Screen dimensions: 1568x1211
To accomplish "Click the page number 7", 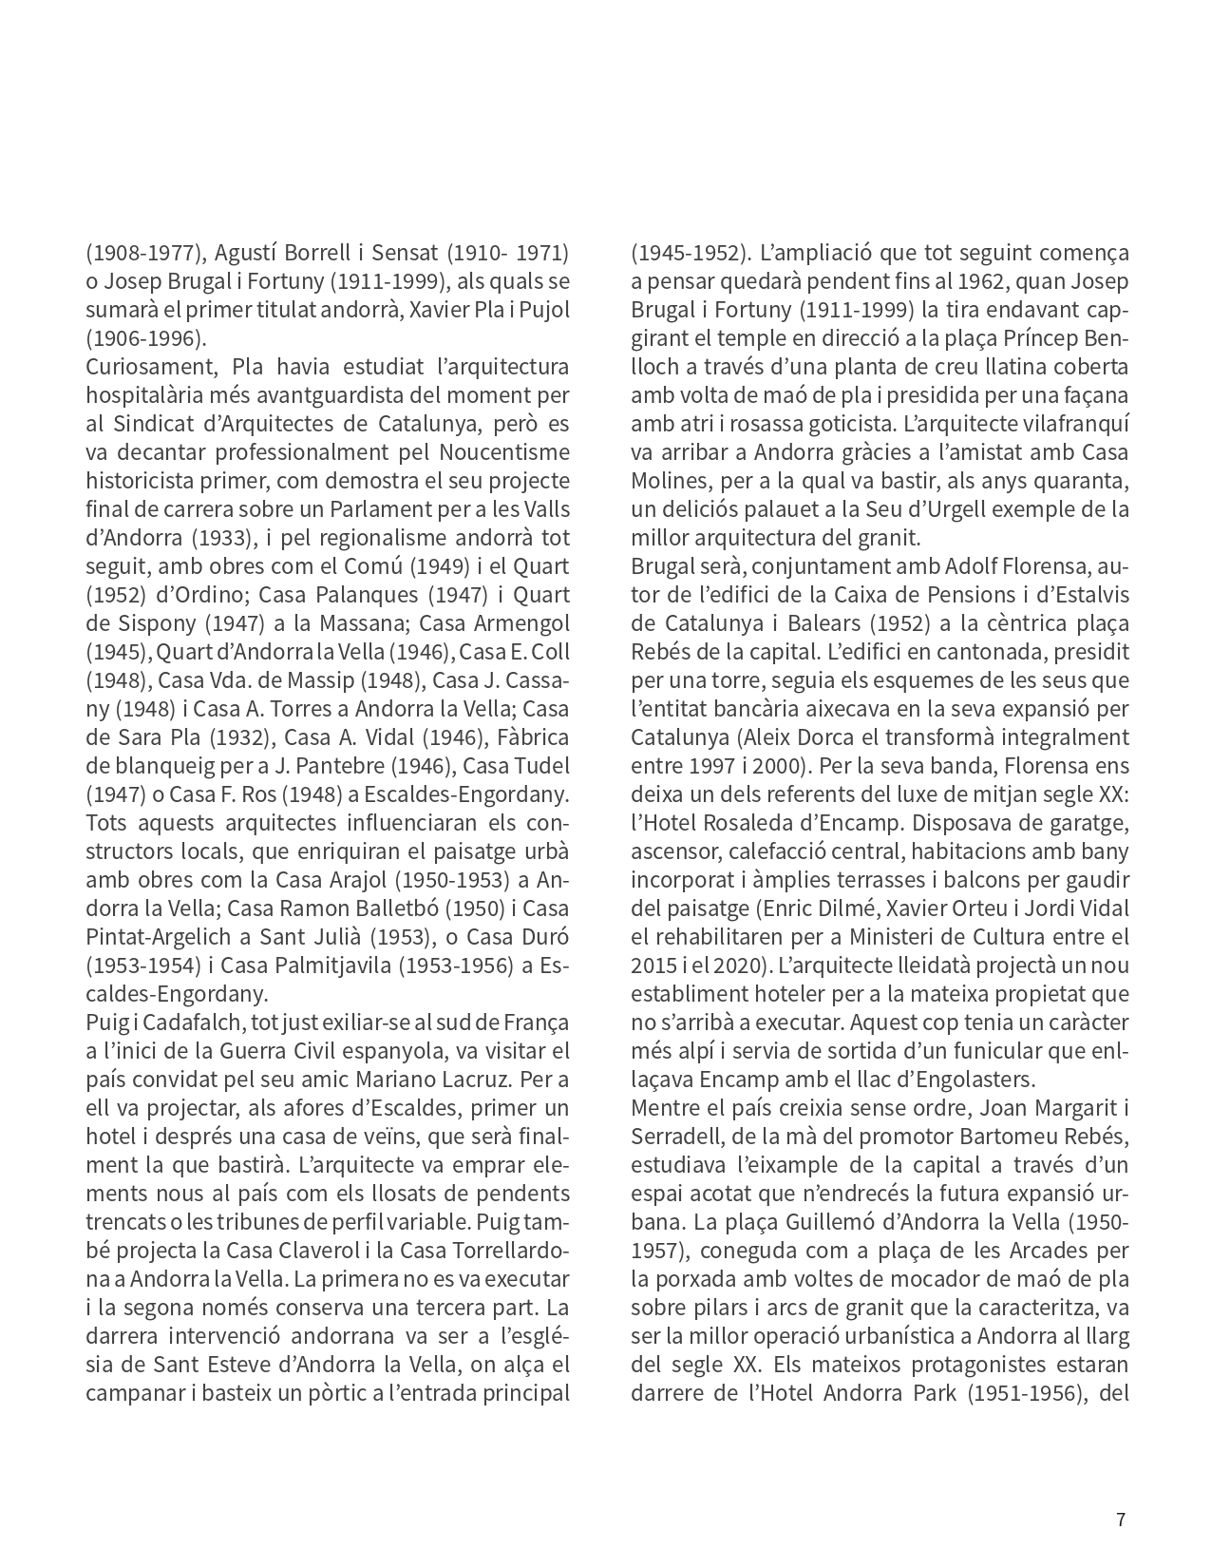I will (x=1121, y=1520).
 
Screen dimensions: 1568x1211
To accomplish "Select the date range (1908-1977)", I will (x=142, y=253).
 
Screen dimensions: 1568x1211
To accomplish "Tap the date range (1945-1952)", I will (x=690, y=253).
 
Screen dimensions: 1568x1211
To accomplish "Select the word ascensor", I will (x=673, y=851).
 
